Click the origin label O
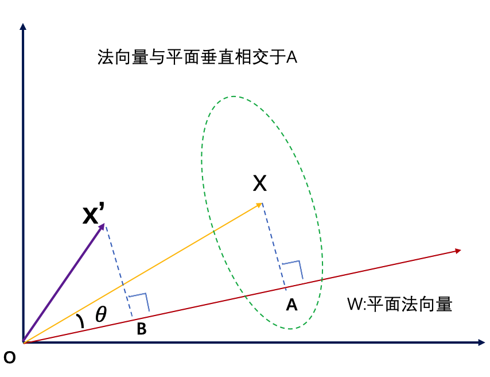[x=9, y=358]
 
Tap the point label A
[x=291, y=305]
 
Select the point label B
[x=141, y=329]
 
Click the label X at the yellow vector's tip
[x=260, y=183]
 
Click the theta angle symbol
[x=101, y=314]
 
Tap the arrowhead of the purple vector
[x=102, y=226]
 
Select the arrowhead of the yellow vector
[x=260, y=204]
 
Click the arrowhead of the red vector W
[x=458, y=251]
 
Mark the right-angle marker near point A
[x=293, y=267]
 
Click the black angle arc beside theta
[x=81, y=321]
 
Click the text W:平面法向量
[x=399, y=304]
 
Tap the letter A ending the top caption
[x=291, y=58]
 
